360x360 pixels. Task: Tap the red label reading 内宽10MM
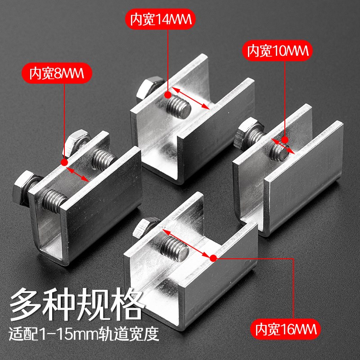coord(278,51)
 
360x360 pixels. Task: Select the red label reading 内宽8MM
coord(60,73)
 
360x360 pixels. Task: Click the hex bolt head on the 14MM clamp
coord(148,86)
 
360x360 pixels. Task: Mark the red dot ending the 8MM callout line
coord(65,162)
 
